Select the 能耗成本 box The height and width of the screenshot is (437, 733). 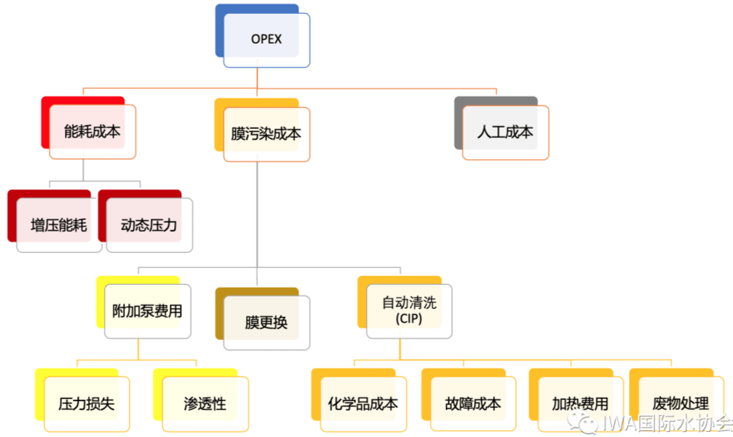[92, 132]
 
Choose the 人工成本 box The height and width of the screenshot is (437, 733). [505, 133]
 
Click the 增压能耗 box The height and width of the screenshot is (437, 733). [59, 225]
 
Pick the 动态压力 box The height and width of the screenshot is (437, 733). [149, 225]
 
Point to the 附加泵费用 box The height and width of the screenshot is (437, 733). [148, 311]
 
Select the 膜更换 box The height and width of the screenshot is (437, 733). [266, 323]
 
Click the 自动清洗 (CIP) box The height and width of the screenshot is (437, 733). [408, 311]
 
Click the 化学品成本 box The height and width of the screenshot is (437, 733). [362, 403]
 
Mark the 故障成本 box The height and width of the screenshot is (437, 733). [473, 403]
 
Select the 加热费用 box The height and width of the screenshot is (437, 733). [580, 403]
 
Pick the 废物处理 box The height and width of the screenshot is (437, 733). [681, 403]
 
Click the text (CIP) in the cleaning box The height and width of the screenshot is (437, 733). [408, 319]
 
